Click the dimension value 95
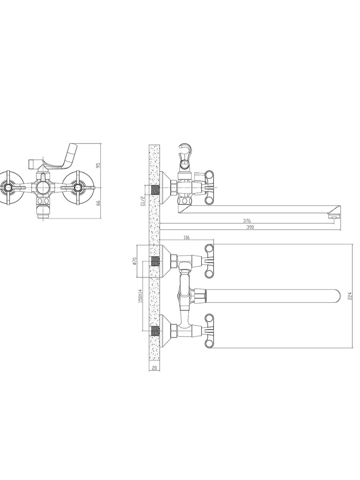98,165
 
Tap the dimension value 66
98,203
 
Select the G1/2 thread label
143,201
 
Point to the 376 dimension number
247,221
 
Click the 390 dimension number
250,227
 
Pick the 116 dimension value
186,238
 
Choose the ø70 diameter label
134,261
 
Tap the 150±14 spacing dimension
140,296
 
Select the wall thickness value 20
154,368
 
